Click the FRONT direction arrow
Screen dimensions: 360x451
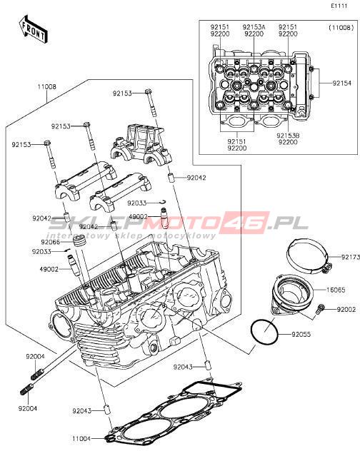(33, 29)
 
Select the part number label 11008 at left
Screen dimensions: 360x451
(47, 86)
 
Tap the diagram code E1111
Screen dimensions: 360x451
(339, 6)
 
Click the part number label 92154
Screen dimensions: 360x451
(342, 83)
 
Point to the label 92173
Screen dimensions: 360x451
(351, 257)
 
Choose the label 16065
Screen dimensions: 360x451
(336, 290)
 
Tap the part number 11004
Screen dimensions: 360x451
(81, 439)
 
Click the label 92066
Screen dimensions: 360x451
(51, 242)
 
